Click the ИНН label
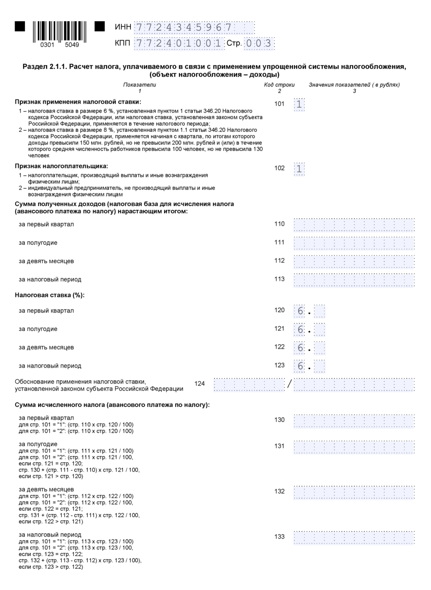[123, 27]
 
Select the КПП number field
[179, 43]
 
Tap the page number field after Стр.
[259, 43]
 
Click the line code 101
[279, 104]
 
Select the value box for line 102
[299, 169]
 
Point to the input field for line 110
[354, 225]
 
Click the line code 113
[279, 279]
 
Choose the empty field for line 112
[354, 261]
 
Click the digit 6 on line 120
[300, 311]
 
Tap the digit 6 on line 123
[300, 366]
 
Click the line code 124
[199, 384]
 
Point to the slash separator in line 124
[289, 384]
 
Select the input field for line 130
[354, 420]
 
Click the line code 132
[279, 491]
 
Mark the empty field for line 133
[354, 537]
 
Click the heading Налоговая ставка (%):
[50, 295]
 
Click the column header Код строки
[279, 85]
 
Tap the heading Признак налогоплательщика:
[61, 166]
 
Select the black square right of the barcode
[100, 27]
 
